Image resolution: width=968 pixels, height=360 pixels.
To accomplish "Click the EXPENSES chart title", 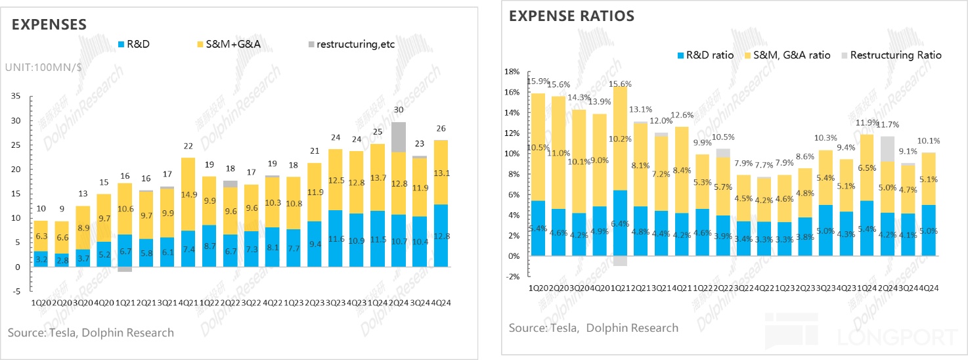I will click(49, 24).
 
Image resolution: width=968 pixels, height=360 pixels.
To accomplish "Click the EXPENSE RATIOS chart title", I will click(571, 16).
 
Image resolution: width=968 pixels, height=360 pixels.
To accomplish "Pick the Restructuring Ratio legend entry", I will click(890, 55).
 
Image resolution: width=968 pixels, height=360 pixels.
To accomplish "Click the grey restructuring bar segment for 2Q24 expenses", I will click(399, 137).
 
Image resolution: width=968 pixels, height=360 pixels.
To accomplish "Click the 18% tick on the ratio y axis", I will click(512, 72).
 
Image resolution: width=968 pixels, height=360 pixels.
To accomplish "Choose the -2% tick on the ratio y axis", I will click(512, 277).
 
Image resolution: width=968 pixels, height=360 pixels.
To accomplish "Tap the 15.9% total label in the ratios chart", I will click(539, 81).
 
